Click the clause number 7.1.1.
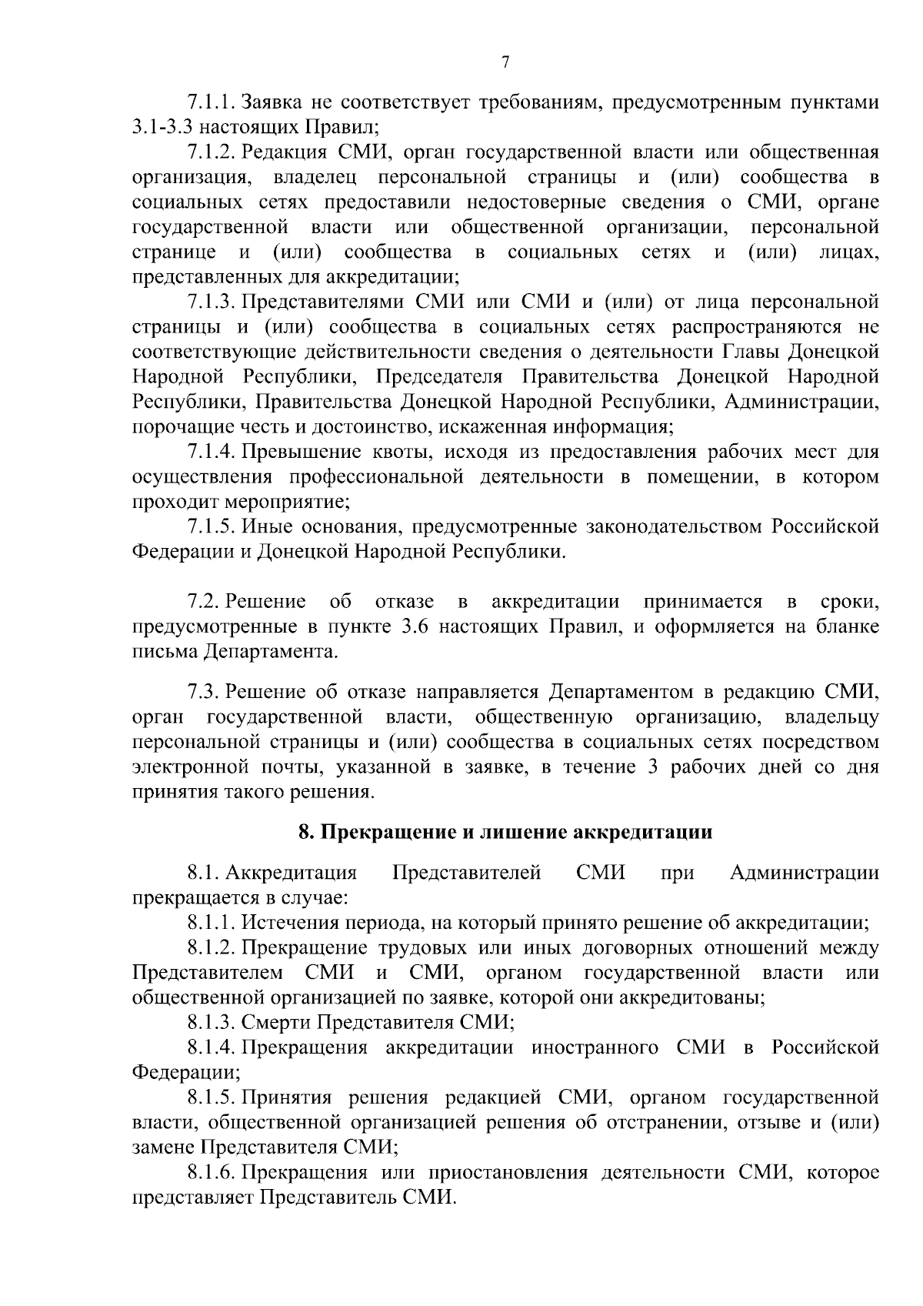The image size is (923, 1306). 212,102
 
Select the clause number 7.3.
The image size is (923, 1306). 203,692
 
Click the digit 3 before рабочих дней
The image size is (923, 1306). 653,767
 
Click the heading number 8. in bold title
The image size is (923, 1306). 305,832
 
